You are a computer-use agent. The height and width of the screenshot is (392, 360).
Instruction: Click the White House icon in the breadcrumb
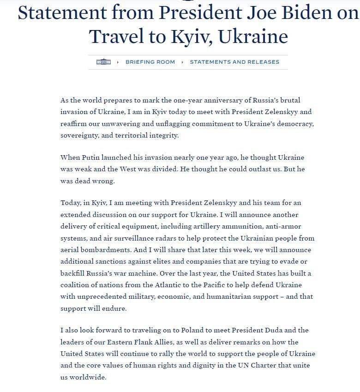(x=104, y=62)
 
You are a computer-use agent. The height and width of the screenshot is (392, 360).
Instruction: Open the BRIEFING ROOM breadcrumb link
(x=150, y=62)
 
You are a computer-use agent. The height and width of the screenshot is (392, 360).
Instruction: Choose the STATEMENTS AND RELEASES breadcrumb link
(x=234, y=62)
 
